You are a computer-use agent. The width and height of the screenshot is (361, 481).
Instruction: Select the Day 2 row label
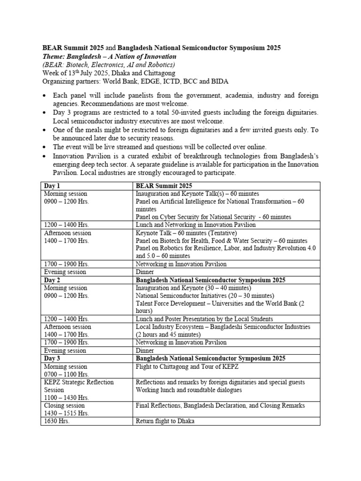click(52, 279)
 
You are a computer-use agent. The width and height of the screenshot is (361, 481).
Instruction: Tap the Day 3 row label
click(52, 358)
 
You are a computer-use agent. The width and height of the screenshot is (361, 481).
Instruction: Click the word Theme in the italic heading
click(54, 56)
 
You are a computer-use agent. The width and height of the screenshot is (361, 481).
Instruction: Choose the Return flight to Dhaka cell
click(165, 421)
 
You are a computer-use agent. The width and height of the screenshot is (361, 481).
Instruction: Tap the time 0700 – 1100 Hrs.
click(66, 374)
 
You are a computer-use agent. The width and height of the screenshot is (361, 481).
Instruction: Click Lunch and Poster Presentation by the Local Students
click(212, 318)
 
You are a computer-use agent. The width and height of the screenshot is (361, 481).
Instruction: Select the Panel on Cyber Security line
click(213, 217)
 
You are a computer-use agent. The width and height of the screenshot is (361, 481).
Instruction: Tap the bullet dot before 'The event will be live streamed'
click(44, 147)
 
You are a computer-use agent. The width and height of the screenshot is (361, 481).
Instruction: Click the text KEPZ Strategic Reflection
click(78, 382)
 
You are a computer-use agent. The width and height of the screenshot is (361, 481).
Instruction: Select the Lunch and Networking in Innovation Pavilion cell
click(196, 225)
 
